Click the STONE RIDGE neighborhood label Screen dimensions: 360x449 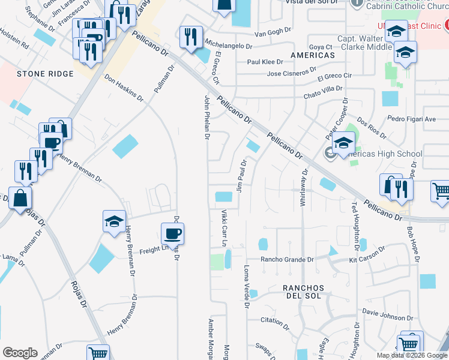[45, 74]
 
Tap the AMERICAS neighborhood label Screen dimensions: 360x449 [312, 55]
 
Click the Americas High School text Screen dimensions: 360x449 [384, 154]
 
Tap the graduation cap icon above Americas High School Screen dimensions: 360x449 [344, 143]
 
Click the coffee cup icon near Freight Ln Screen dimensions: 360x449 [172, 233]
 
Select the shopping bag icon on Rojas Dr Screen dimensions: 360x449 [20, 197]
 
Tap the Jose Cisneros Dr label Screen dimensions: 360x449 [291, 74]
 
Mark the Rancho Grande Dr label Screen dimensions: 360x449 [288, 260]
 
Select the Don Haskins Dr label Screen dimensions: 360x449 [124, 88]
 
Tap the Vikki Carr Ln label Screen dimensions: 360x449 [224, 229]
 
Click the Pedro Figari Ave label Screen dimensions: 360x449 [411, 119]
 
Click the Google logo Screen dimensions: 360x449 [20, 353]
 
